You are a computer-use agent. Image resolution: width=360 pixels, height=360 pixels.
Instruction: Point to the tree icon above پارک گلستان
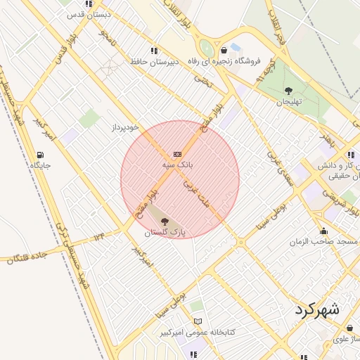tap(165, 221)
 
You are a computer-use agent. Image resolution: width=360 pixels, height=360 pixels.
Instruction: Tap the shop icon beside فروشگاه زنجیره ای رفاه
tap(224, 50)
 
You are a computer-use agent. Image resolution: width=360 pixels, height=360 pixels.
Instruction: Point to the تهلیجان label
tap(288, 101)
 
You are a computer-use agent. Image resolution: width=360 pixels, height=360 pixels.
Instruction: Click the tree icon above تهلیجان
tap(288, 91)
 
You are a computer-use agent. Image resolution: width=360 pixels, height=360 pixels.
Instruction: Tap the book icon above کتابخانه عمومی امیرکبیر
tap(198, 321)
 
